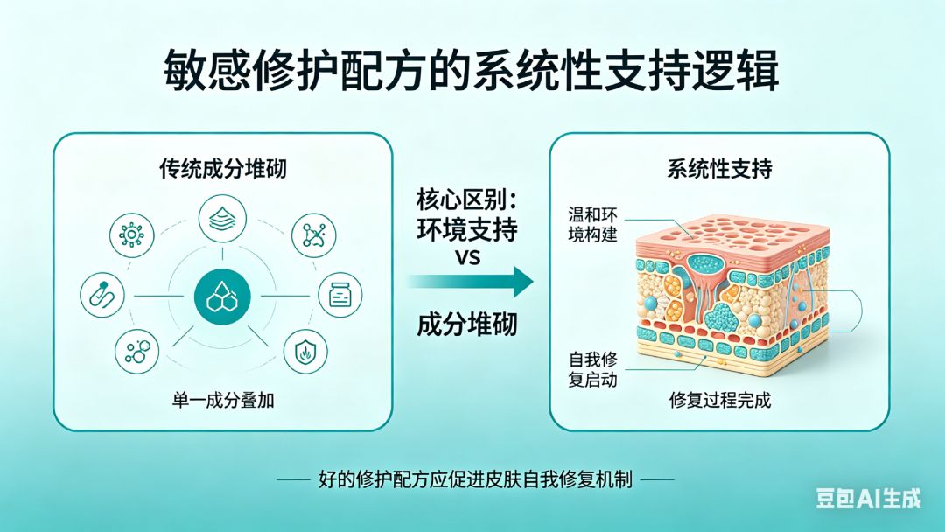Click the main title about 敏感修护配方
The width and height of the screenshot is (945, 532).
472,71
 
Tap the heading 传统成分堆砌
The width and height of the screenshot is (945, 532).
222,168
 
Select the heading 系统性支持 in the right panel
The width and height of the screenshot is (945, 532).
719,168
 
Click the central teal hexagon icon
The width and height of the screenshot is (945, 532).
222,297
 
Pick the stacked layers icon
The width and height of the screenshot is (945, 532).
222,219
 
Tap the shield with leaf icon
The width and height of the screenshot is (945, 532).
305,351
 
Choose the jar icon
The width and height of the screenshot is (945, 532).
340,295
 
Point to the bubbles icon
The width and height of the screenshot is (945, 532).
137,352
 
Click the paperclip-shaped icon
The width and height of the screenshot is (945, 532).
102,295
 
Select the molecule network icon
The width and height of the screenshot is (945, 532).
313,235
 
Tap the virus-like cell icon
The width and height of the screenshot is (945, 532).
131,235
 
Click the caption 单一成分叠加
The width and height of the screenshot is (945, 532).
223,400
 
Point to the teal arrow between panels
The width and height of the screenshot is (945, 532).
470,282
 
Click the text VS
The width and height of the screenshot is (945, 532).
467,257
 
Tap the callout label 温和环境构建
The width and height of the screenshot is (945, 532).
592,224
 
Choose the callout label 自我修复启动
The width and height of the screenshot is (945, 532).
593,370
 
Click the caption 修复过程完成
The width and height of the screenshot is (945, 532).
719,400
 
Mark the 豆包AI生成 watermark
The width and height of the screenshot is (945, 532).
869,499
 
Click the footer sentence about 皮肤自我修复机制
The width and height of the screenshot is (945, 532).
475,479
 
